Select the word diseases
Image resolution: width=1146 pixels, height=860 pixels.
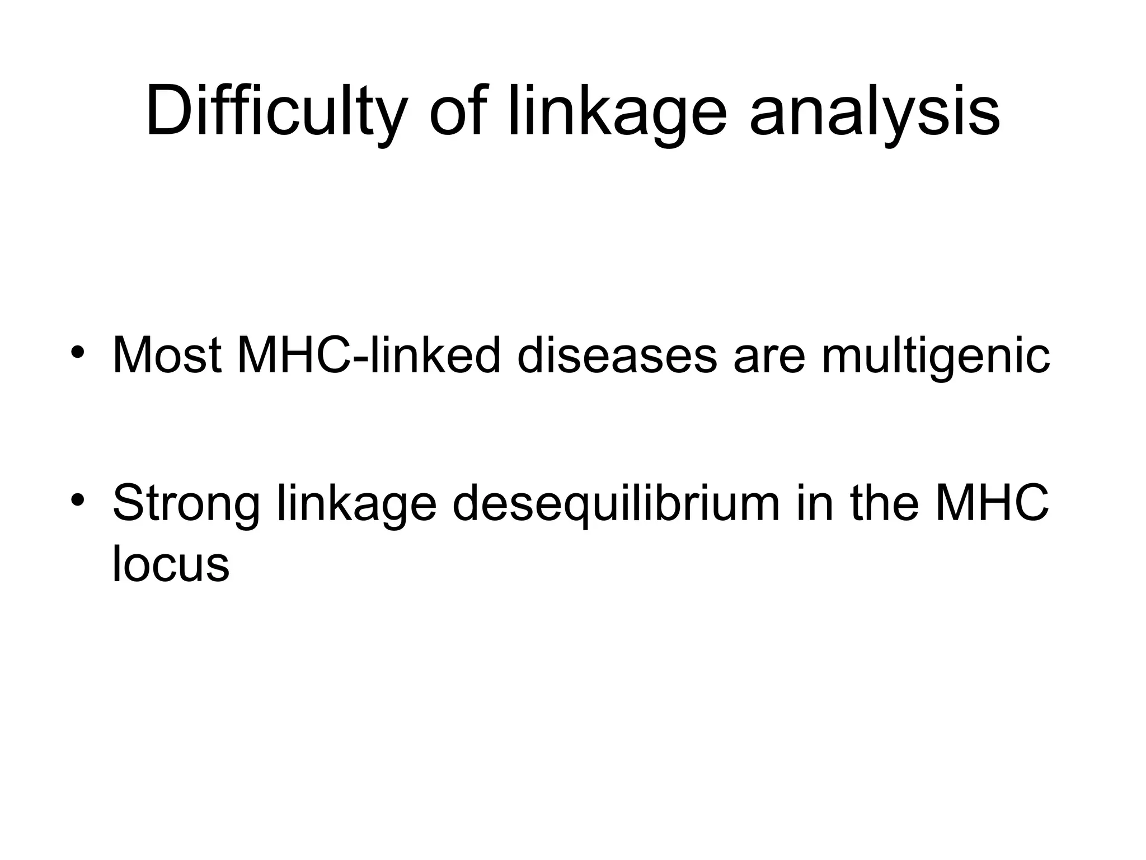(x=617, y=355)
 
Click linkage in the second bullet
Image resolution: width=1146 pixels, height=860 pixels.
(x=357, y=504)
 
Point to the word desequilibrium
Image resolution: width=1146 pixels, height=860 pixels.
(x=616, y=504)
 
